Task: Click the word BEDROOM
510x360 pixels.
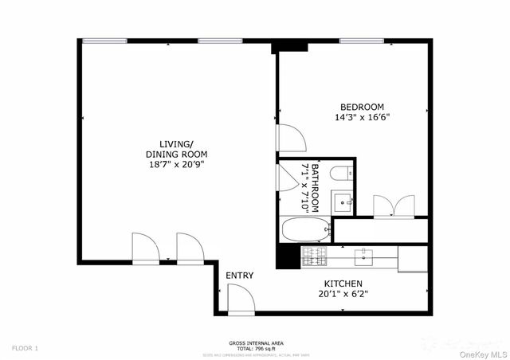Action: point(363,107)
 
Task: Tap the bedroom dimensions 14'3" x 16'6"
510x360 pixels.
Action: point(363,117)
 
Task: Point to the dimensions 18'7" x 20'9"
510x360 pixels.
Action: point(175,164)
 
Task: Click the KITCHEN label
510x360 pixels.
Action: point(343,284)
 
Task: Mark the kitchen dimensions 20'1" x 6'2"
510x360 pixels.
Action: point(343,293)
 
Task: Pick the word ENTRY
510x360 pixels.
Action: point(239,276)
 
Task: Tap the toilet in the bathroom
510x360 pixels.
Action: point(339,174)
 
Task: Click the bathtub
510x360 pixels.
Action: point(306,229)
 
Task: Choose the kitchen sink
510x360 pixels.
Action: point(364,255)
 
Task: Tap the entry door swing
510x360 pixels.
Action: point(240,299)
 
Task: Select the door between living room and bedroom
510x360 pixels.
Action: point(290,137)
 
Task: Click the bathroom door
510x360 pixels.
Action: point(288,175)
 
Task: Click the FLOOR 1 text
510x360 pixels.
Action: point(25,348)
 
